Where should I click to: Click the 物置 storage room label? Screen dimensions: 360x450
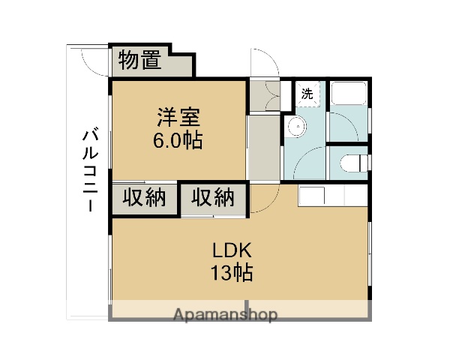click(x=139, y=60)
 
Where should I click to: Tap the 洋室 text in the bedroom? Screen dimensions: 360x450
click(x=178, y=118)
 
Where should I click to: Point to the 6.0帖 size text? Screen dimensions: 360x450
click(x=178, y=140)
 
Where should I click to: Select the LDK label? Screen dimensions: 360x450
click(x=231, y=250)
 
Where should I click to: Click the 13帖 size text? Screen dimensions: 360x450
click(x=231, y=273)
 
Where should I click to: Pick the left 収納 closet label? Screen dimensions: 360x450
click(x=144, y=198)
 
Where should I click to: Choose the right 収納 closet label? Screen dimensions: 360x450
click(x=213, y=198)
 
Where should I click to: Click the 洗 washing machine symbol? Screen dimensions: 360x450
click(x=307, y=94)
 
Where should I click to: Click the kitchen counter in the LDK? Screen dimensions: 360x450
click(x=333, y=196)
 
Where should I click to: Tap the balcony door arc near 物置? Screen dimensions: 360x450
click(x=90, y=60)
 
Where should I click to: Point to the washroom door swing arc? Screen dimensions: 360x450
click(x=309, y=161)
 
